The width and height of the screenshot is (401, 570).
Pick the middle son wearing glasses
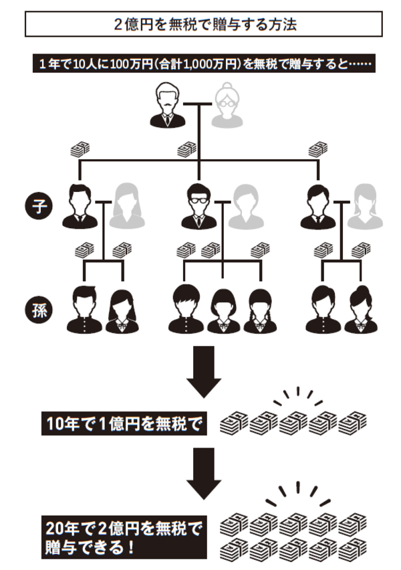tap(198, 206)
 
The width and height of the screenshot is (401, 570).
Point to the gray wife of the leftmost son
tap(129, 207)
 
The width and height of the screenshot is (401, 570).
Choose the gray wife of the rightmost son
tap(365, 207)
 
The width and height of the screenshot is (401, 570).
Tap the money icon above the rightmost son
tap(318, 149)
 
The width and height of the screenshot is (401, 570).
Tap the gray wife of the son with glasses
tap(247, 207)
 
